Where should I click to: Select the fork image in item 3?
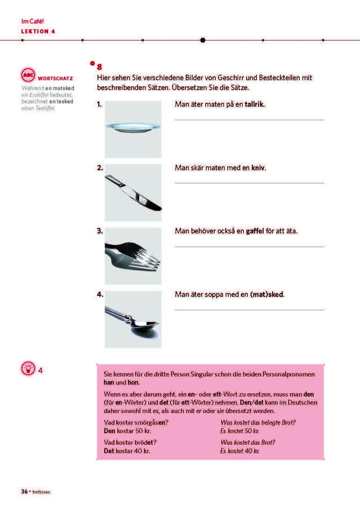pyautogui.click(x=133, y=255)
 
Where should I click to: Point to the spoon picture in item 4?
pyautogui.click(x=133, y=319)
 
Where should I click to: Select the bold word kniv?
pyautogui.click(x=258, y=168)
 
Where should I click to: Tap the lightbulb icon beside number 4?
pyautogui.click(x=27, y=369)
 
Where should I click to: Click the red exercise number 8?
pyautogui.click(x=100, y=67)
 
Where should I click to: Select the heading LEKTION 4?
pyautogui.click(x=38, y=31)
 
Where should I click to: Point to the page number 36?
pyautogui.click(x=24, y=492)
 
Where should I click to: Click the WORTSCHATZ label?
pyautogui.click(x=55, y=78)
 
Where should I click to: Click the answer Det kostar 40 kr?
pyautogui.click(x=127, y=451)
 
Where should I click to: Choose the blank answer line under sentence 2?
pyautogui.click(x=249, y=183)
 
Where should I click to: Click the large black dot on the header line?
pyautogui.click(x=202, y=40)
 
